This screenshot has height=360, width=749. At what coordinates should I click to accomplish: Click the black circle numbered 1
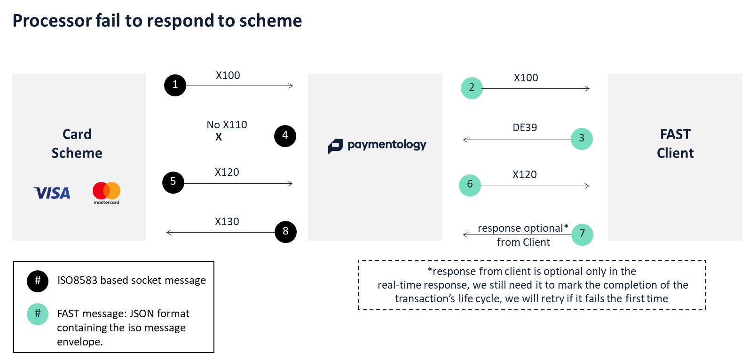[x=175, y=85]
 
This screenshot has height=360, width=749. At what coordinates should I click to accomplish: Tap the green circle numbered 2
[x=472, y=88]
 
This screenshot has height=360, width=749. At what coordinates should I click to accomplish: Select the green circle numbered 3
[x=582, y=139]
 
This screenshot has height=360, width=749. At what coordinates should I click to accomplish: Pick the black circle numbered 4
[x=285, y=136]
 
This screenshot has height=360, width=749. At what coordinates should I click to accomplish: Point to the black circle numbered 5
[x=173, y=182]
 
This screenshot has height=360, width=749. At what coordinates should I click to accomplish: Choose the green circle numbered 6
[x=470, y=185]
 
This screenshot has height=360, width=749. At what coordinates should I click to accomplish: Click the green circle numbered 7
[x=582, y=235]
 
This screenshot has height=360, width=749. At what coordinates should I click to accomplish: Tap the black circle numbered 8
[x=285, y=232]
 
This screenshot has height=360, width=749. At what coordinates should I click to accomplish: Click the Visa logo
[x=52, y=193]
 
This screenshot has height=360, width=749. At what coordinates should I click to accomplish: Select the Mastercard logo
[x=106, y=193]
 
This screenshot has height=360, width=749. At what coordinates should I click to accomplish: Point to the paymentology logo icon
[x=335, y=146]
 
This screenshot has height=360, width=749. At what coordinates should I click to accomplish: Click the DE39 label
[x=525, y=127]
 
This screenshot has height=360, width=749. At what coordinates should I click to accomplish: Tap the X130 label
[x=227, y=221]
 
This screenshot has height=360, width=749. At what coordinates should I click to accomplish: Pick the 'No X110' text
[x=227, y=125]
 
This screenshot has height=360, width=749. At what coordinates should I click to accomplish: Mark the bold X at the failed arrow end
[x=218, y=137]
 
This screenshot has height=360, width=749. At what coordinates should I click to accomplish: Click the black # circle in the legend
[x=38, y=281]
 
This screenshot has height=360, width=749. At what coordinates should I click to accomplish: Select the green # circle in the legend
[x=38, y=314]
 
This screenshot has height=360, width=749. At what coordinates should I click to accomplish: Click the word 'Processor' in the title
[x=52, y=21]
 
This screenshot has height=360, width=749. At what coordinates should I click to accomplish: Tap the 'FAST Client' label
[x=675, y=143]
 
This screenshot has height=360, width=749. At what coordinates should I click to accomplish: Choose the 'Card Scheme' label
[x=77, y=143]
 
